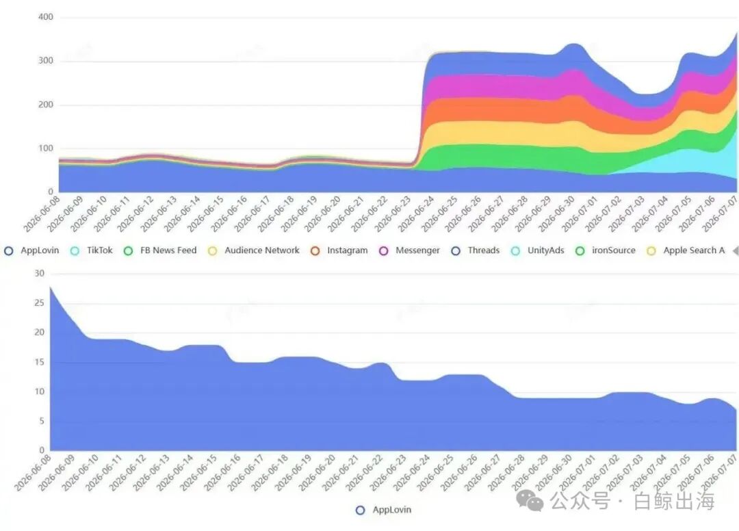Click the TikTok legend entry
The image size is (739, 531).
pos(92,250)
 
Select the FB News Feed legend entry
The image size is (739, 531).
pos(159,250)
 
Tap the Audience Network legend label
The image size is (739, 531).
pos(254,250)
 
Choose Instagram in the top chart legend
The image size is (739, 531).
pos(339,250)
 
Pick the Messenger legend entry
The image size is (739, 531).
pos(410,250)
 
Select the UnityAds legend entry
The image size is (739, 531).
pos(537,250)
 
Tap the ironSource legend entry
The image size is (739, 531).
pos(605,250)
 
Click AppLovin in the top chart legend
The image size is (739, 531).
pos(31,250)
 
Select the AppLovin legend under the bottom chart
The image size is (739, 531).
pos(383,510)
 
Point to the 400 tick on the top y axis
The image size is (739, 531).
pos(46,17)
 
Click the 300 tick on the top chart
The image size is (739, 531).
pos(46,61)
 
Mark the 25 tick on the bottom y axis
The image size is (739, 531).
pos(40,303)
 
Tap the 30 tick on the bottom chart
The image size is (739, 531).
pos(40,273)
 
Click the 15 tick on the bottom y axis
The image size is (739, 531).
pos(40,362)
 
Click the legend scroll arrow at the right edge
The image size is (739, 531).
pos(736,251)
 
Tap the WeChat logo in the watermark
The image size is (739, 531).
pos(530,500)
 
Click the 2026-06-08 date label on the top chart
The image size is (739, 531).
pos(42,214)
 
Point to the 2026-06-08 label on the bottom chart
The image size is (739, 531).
pos(32,473)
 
